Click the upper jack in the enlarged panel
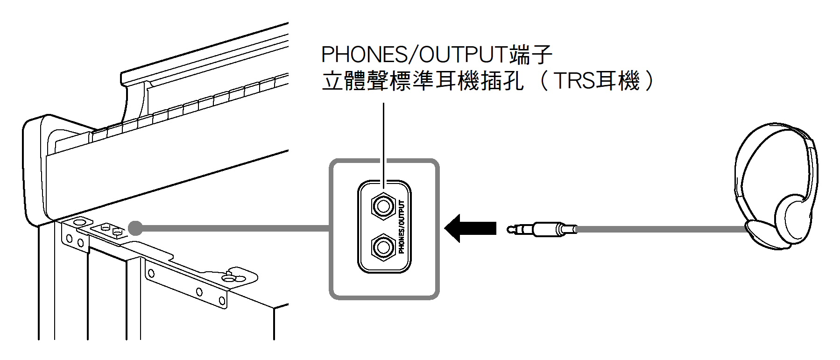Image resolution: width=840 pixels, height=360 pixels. point(383,206)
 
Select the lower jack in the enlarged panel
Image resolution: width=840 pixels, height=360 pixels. point(383,247)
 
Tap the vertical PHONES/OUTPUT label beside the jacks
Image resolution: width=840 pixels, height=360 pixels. point(402,227)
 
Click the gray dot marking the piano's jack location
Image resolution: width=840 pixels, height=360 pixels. point(135,228)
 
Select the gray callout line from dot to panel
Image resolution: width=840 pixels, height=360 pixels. point(233,228)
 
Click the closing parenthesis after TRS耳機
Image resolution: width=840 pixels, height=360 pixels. point(649,81)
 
